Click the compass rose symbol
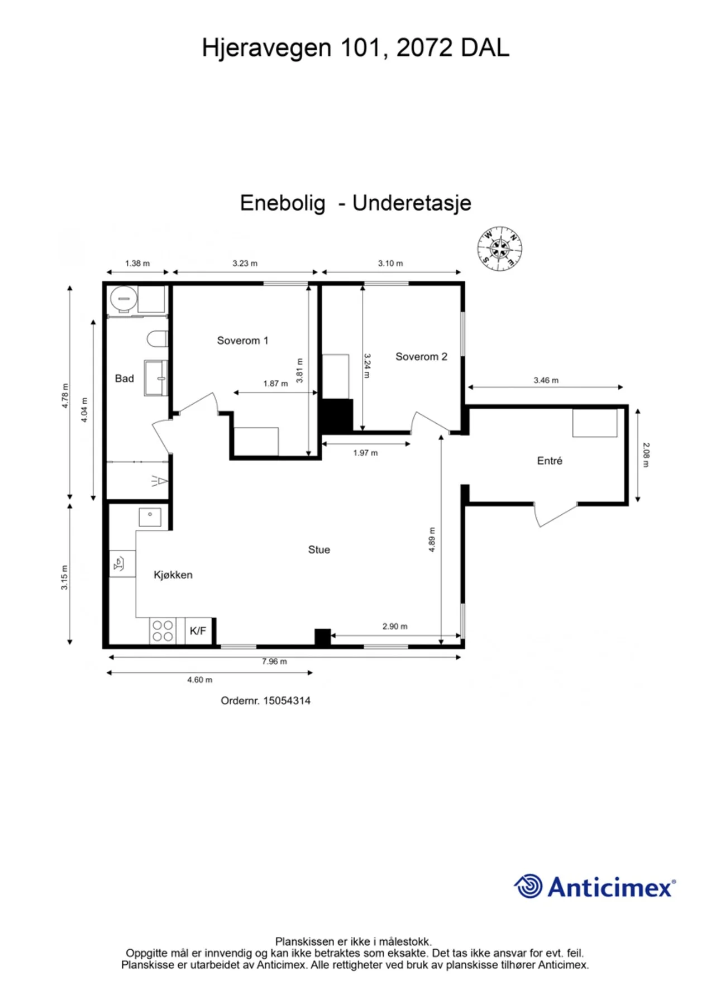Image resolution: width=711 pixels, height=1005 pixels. (x=499, y=248)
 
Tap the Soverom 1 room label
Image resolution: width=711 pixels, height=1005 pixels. (x=242, y=341)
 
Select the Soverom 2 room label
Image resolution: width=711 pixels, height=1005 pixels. (x=421, y=357)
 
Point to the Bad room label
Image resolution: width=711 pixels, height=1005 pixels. (x=124, y=379)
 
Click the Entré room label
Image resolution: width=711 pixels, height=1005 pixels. (x=550, y=461)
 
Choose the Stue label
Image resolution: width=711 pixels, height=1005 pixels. (x=319, y=550)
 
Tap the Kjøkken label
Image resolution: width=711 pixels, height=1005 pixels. (x=173, y=575)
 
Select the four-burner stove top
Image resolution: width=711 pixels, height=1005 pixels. (x=163, y=631)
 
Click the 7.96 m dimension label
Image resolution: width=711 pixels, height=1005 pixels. (x=274, y=662)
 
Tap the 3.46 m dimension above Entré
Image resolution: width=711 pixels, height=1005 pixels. (x=546, y=380)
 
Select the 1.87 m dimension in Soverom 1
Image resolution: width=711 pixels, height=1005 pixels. (x=275, y=384)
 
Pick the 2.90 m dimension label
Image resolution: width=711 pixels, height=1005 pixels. (x=395, y=626)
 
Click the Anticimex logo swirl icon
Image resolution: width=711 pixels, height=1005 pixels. (x=528, y=886)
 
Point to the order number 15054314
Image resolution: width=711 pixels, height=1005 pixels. (x=287, y=701)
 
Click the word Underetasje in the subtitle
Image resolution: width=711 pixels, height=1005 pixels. (x=412, y=203)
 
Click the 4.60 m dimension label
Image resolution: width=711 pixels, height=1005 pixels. (x=199, y=680)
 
